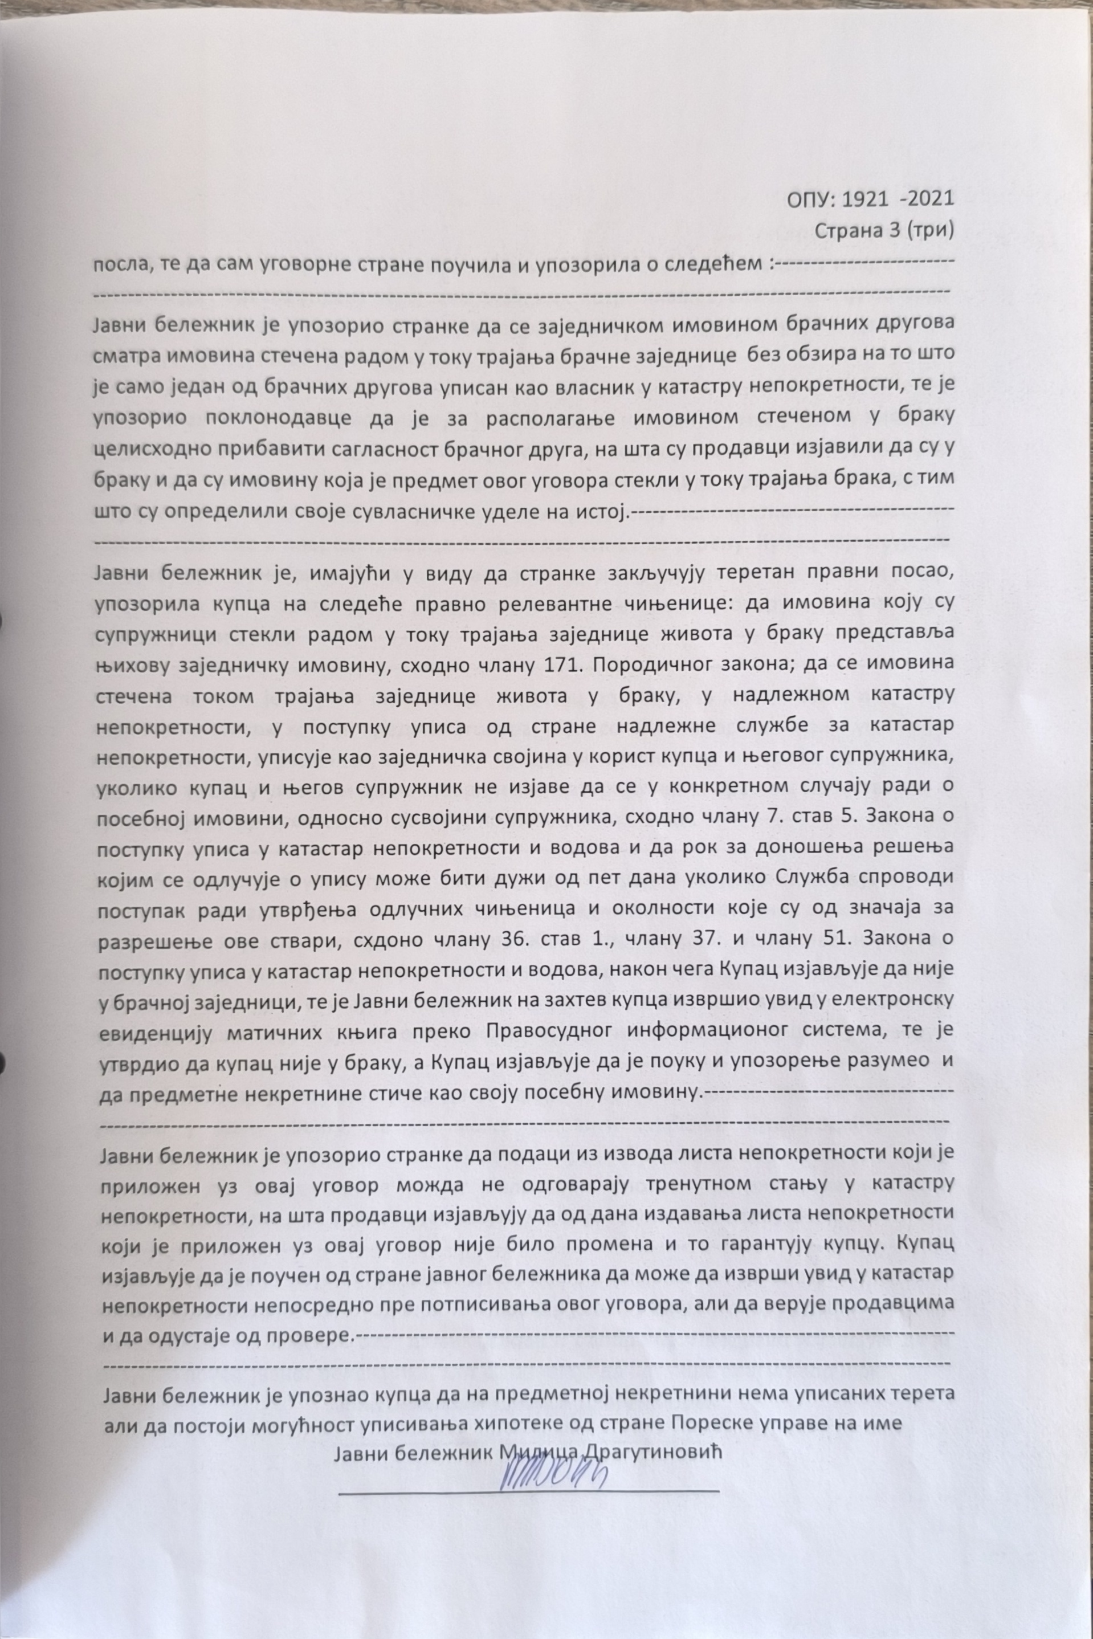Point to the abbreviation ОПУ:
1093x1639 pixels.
pos(811,199)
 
